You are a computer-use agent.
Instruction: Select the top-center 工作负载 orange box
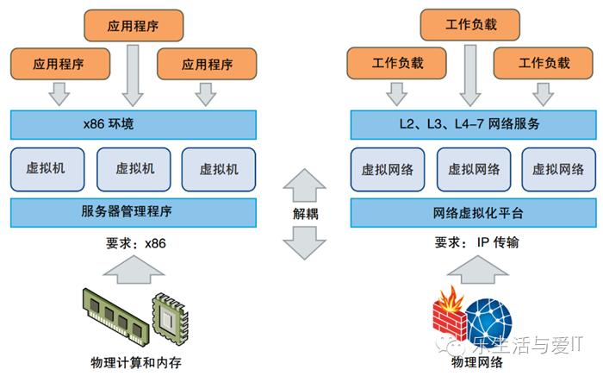point(469,25)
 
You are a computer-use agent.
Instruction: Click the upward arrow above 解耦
point(305,184)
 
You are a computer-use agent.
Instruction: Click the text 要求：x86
point(132,243)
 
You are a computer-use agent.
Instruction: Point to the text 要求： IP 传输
point(472,243)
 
